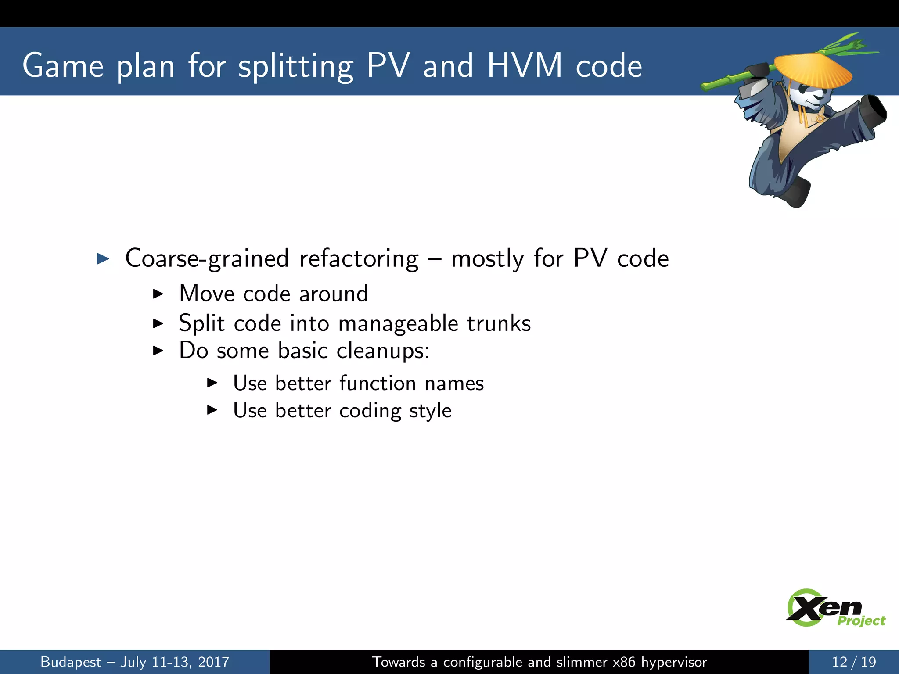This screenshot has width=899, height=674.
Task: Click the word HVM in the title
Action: (525, 66)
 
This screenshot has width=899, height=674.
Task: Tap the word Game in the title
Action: (63, 66)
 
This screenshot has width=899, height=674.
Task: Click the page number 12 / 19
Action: (854, 662)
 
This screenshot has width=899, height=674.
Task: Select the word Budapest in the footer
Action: (71, 662)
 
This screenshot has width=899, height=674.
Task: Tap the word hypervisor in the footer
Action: (674, 662)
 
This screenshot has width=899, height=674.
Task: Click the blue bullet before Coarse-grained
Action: (103, 258)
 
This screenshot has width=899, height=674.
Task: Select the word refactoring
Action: (359, 258)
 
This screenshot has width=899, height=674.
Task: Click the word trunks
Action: (499, 323)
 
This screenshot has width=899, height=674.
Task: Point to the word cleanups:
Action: (383, 351)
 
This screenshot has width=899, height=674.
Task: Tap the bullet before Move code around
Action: (158, 294)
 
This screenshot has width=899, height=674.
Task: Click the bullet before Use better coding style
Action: (212, 410)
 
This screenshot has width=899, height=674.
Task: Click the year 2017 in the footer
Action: (213, 662)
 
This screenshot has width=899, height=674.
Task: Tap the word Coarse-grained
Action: (207, 258)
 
